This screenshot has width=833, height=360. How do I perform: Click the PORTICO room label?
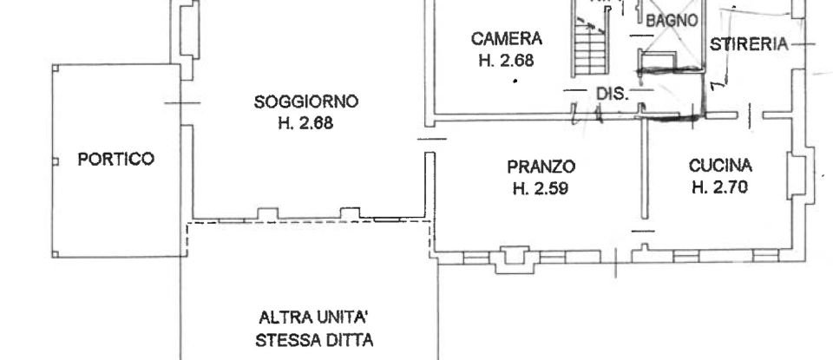click(115, 160)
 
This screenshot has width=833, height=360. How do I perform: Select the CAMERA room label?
click(507, 39)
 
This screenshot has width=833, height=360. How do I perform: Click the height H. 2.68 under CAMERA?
click(507, 60)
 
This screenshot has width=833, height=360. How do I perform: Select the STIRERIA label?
click(748, 44)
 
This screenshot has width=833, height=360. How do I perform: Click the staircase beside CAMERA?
click(589, 48)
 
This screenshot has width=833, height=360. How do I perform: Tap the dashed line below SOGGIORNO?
click(308, 223)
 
